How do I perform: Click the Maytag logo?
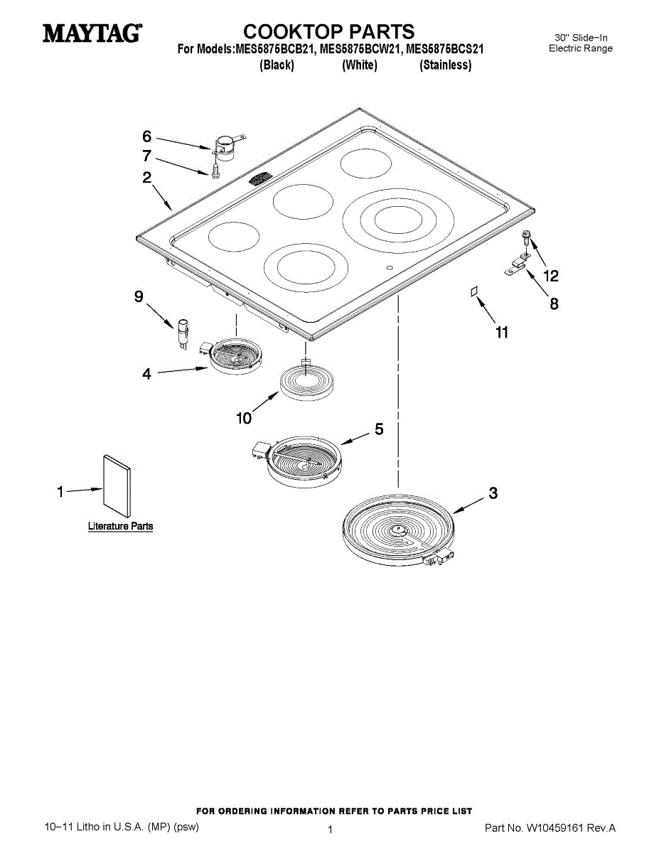pos(92,33)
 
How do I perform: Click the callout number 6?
pos(146,136)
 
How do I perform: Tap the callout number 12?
pos(551,276)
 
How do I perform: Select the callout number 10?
pos(244,419)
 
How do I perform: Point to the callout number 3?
pos(493,493)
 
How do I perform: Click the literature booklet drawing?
pos(117,486)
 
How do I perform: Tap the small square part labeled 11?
pos(474,291)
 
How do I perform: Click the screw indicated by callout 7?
pos(214,171)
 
